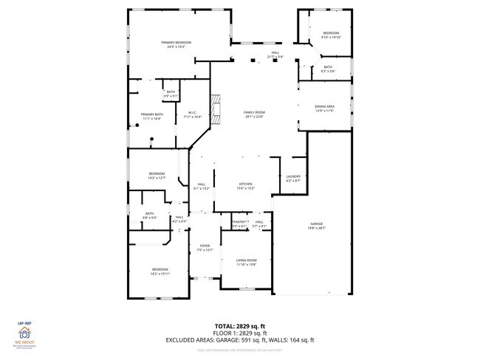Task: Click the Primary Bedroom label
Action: click(176, 44)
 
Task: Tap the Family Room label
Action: click(254, 114)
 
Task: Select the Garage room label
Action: click(317, 226)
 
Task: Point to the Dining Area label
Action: click(325, 108)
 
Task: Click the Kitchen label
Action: click(245, 185)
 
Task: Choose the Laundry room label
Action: click(292, 178)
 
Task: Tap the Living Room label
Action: click(246, 262)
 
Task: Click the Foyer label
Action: click(205, 247)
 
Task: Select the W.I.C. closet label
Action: click(191, 114)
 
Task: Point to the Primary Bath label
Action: click(152, 116)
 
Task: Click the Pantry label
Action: click(239, 223)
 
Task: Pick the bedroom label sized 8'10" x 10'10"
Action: click(331, 35)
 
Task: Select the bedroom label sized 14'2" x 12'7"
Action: click(157, 176)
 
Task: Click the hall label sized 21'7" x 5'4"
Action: click(275, 55)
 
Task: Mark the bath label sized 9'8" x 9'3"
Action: click(149, 215)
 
